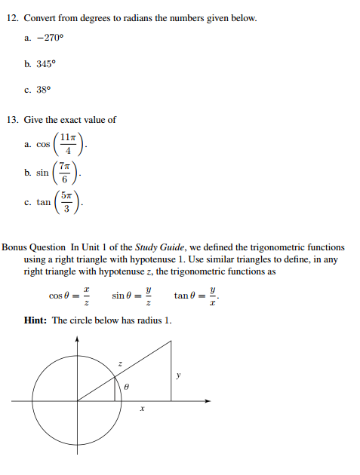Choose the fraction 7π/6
pos(65,173)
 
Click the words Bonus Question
pos(35,247)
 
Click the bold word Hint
pos(35,320)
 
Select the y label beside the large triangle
pos(179,373)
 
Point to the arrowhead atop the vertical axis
pos(77,339)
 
